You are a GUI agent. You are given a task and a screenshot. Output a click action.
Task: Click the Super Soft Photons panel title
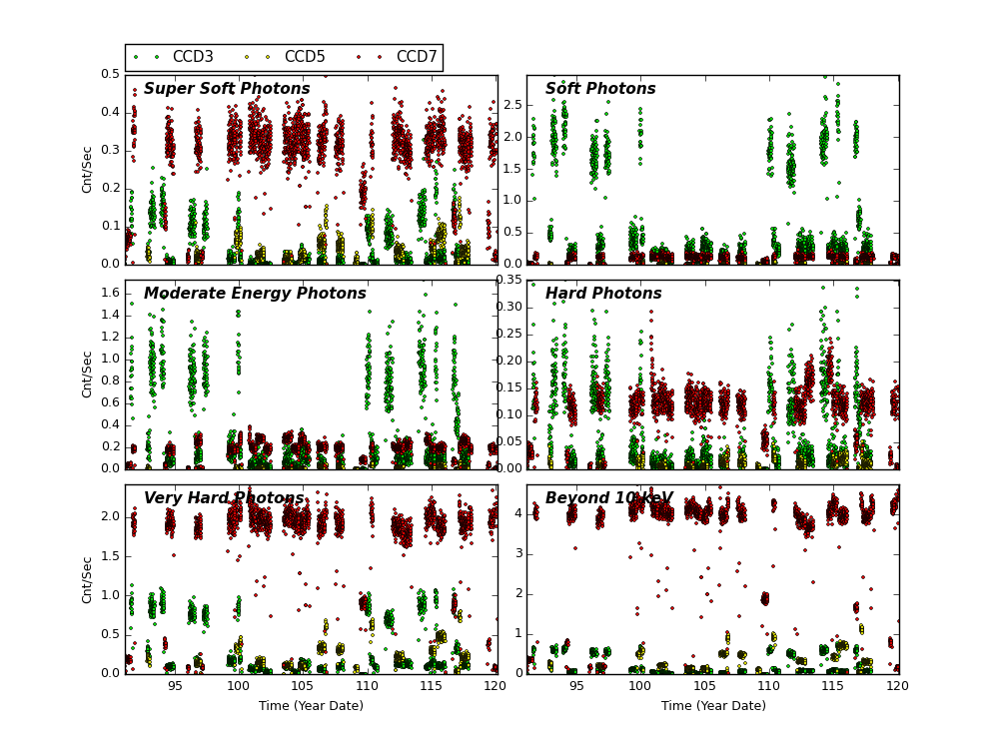point(227,89)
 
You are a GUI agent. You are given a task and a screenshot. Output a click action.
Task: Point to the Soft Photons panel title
point(600,89)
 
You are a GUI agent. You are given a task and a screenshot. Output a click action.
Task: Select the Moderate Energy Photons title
point(255,294)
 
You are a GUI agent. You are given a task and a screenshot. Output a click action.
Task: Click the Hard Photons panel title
point(603,294)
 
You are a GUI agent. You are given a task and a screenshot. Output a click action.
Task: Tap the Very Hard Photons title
point(224,498)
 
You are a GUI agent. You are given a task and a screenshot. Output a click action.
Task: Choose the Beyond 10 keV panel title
point(608,498)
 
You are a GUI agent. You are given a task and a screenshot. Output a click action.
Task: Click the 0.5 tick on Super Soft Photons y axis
point(109,75)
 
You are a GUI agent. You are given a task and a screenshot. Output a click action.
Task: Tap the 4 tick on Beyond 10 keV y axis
point(516,513)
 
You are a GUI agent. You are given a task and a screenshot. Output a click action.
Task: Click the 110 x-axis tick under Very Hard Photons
point(368,687)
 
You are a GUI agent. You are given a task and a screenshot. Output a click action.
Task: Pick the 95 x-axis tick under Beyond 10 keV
point(576,687)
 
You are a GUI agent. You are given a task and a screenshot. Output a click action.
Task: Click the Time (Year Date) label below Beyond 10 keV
point(713,706)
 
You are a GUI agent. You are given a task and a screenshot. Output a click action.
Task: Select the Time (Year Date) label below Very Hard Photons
point(311,706)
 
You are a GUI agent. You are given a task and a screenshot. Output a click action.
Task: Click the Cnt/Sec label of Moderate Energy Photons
point(88,374)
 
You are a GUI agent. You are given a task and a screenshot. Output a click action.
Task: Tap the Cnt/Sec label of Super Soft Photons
point(88,169)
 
